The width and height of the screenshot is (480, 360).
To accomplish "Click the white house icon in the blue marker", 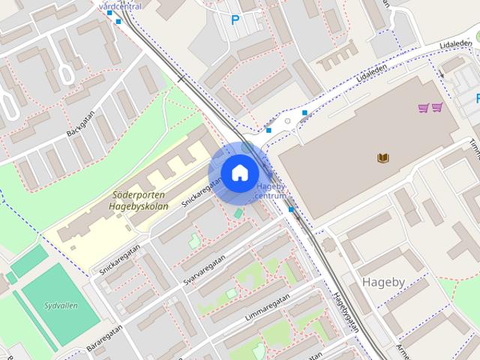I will [239, 172].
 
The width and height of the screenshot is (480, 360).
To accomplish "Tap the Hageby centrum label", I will [271, 191].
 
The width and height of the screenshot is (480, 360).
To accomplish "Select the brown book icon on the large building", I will [382, 157].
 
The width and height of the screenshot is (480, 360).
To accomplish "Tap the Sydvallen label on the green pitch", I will [58, 306].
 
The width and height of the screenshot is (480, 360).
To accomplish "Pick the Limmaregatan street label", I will [267, 308].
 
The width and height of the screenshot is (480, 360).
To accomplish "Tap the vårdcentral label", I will [120, 6].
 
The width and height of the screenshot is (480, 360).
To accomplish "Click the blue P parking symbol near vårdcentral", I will [235, 20].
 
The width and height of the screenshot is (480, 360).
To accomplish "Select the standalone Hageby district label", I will [384, 282].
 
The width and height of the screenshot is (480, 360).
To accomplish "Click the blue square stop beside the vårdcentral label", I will [118, 21].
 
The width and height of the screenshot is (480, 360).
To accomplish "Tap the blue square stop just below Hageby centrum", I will [290, 209].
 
